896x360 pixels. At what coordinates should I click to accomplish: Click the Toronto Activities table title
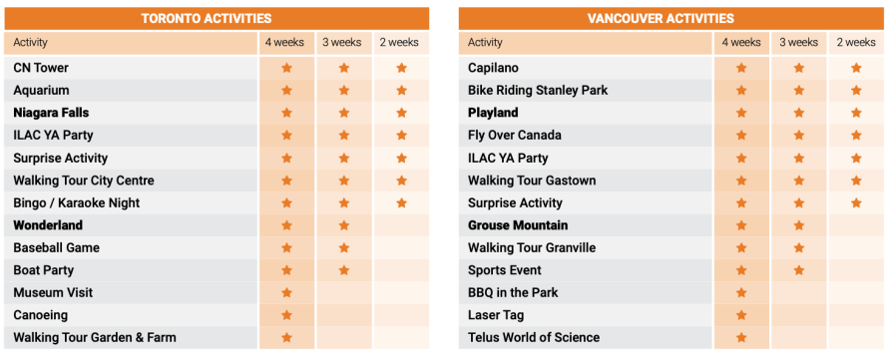207,18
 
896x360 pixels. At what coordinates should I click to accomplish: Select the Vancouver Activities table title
661,18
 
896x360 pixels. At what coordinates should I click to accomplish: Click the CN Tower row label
41,68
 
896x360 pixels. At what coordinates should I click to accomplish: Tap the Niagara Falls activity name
51,113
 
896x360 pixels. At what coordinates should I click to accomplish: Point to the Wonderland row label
48,225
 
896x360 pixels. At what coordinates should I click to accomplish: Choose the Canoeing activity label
40,315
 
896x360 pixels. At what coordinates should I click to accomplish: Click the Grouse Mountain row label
518,225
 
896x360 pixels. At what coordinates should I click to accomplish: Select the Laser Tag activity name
496,315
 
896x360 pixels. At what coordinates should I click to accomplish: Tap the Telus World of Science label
534,337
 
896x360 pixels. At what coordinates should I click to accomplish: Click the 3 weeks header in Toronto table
341,42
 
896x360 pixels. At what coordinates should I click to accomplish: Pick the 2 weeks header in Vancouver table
856,42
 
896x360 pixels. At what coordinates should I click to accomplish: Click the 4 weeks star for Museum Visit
286,292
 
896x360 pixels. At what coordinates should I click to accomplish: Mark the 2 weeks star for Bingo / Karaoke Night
402,202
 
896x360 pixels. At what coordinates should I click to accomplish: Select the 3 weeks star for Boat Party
344,270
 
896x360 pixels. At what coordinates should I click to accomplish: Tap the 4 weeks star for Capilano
741,68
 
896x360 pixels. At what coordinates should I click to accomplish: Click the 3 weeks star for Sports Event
799,270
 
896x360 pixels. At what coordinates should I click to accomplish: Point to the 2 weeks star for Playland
856,113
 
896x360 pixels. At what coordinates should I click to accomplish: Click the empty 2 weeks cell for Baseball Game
402,247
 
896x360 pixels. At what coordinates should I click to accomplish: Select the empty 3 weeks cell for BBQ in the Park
799,292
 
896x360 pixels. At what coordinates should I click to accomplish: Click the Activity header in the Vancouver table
485,42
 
